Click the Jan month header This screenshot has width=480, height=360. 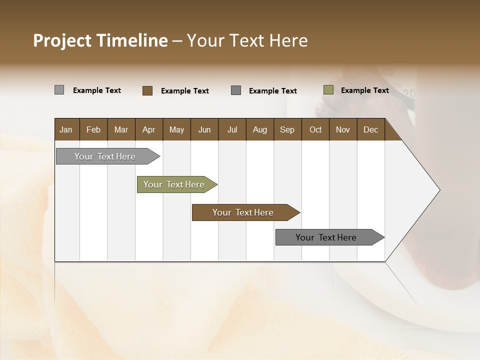pyautogui.click(x=66, y=129)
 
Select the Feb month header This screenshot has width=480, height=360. pyautogui.click(x=93, y=129)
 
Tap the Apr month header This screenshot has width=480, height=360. pyautogui.click(x=148, y=129)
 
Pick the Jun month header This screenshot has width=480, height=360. pyautogui.click(x=204, y=129)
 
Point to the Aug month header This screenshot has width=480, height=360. pyautogui.click(x=259, y=129)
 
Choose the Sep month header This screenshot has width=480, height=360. pyautogui.click(x=287, y=129)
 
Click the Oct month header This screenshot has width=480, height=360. pyautogui.click(x=315, y=129)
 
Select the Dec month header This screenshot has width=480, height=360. pyautogui.click(x=370, y=129)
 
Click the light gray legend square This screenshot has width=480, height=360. pyautogui.click(x=59, y=90)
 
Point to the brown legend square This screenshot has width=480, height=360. pyautogui.click(x=147, y=90)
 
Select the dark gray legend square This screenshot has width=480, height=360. pyautogui.click(x=236, y=90)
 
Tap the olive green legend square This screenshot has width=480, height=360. pyautogui.click(x=328, y=90)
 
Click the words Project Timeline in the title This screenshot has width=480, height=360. pyautogui.click(x=100, y=40)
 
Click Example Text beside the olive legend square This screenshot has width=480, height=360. pyautogui.click(x=364, y=90)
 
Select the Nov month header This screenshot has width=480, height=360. pyautogui.click(x=342, y=129)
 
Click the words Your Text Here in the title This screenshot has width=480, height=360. pyautogui.click(x=247, y=40)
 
